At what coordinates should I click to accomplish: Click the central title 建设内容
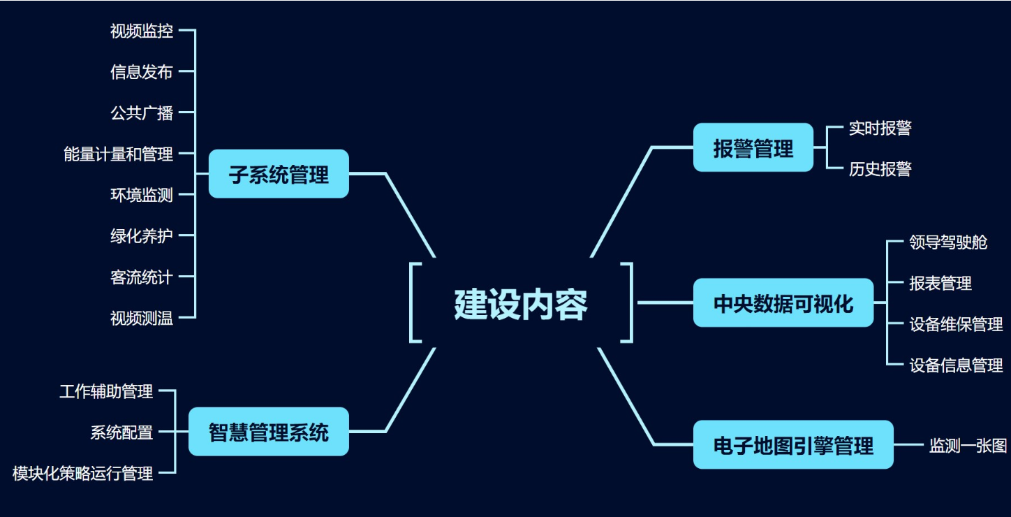click(x=521, y=304)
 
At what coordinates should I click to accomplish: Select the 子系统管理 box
click(x=279, y=174)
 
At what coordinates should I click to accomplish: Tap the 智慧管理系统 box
click(x=269, y=432)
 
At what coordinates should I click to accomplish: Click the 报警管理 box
click(x=753, y=147)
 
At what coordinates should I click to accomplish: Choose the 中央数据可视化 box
click(x=783, y=303)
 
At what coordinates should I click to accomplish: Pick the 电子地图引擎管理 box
click(x=793, y=444)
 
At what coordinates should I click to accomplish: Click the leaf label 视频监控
click(x=142, y=31)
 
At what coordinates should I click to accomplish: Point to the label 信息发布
click(x=142, y=71)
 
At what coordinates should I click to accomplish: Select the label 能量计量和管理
click(x=119, y=154)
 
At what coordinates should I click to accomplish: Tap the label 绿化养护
click(x=142, y=236)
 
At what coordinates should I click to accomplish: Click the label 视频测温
click(x=142, y=318)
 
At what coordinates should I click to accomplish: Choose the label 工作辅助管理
click(x=106, y=391)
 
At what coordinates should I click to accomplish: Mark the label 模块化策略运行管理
click(x=83, y=474)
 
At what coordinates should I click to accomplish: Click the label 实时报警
click(x=880, y=128)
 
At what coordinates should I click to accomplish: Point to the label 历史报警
click(x=880, y=168)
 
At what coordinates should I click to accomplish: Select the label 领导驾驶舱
click(x=948, y=242)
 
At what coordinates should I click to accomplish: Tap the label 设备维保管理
click(x=956, y=323)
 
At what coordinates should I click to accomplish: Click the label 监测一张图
click(x=968, y=445)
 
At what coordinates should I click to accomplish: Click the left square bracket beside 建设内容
click(x=415, y=303)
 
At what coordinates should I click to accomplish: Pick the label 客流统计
click(x=142, y=277)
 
